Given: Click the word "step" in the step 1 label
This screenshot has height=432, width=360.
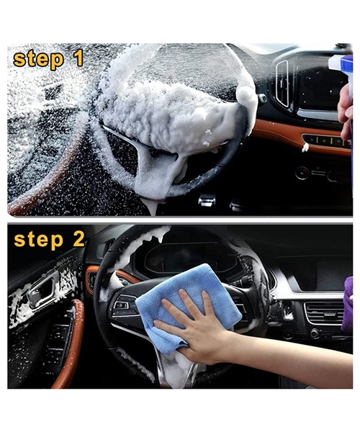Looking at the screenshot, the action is coord(39,60).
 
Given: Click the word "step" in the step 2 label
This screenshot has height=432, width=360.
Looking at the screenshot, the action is coord(39,240).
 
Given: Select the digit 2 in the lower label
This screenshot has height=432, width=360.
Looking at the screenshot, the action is coord(78,238).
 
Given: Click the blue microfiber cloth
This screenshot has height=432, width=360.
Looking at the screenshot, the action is coord(187,306).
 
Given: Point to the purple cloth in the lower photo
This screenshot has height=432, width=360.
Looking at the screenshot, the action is coord(347,303).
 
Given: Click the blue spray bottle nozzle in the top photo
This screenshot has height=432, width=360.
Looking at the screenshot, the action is coord(341,64).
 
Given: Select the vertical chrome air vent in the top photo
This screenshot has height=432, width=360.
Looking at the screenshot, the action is coord(282,83).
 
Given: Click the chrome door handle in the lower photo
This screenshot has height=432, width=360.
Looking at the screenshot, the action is coord(41,292).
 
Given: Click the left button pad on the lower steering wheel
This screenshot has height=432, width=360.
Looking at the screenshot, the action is coord(123,305).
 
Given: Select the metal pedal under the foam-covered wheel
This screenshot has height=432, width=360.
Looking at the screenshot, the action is coord(207,199).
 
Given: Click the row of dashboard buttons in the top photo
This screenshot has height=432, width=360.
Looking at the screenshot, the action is coord(326,140).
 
